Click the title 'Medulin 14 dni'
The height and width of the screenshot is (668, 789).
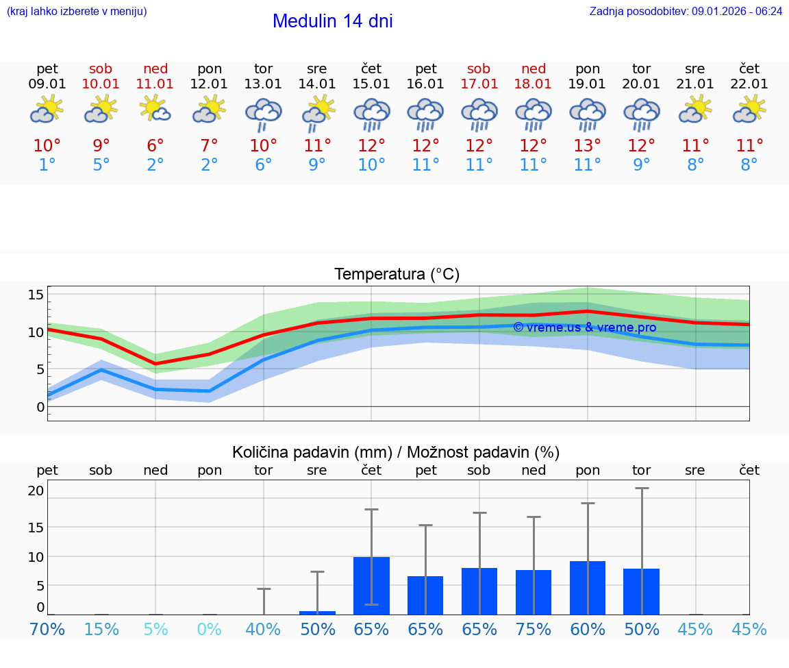pyautogui.click(x=332, y=21)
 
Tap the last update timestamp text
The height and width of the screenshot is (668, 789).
pyautogui.click(x=686, y=11)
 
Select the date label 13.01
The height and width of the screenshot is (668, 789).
pyautogui.click(x=263, y=84)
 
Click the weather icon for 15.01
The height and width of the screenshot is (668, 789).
pyautogui.click(x=371, y=114)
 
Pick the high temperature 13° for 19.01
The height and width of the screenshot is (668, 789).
pyautogui.click(x=587, y=146)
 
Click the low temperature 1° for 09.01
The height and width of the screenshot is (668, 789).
pyautogui.click(x=47, y=165)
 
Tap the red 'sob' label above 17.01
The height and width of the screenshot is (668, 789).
pyautogui.click(x=479, y=69)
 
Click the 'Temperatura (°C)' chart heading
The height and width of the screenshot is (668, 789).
pyautogui.click(x=397, y=274)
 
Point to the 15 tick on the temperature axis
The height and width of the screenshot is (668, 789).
pyautogui.click(x=36, y=295)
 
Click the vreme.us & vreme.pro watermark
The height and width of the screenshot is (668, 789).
pyautogui.click(x=584, y=327)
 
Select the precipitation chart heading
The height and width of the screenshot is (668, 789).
pyautogui.click(x=396, y=452)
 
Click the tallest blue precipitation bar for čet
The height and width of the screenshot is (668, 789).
pyautogui.click(x=371, y=585)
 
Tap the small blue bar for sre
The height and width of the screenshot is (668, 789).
pyautogui.click(x=317, y=613)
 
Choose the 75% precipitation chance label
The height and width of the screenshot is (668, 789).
pyautogui.click(x=533, y=630)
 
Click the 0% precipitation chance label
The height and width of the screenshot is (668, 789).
pyautogui.click(x=210, y=630)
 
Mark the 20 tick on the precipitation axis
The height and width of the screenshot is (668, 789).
pyautogui.click(x=36, y=491)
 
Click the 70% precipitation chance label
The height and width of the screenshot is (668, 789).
pyautogui.click(x=47, y=630)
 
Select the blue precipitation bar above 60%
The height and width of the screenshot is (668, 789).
pyautogui.click(x=587, y=587)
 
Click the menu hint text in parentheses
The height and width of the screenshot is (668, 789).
pyautogui.click(x=77, y=11)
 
